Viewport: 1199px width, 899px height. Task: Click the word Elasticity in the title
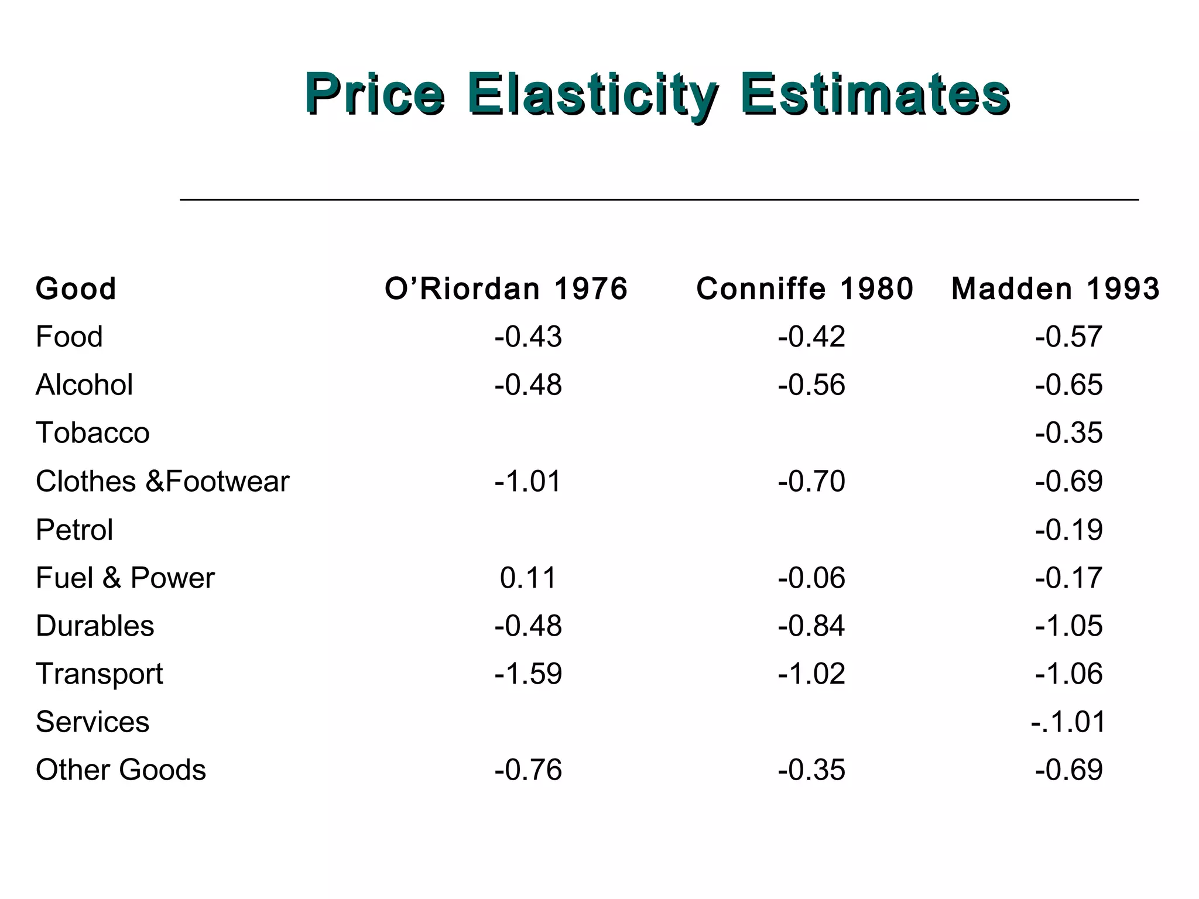point(592,95)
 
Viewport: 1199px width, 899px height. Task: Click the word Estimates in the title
point(875,95)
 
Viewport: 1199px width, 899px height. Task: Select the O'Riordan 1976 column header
point(506,289)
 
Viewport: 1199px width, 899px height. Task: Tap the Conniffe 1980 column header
point(804,289)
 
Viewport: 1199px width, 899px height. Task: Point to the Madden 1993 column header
point(1055,289)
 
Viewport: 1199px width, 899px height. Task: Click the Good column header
point(76,289)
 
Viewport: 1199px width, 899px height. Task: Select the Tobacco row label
point(93,433)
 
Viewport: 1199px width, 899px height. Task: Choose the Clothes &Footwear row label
point(162,482)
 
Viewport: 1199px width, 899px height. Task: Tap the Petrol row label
point(74,530)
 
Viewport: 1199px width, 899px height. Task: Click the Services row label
point(93,722)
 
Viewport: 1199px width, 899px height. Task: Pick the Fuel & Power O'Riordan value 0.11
point(527,578)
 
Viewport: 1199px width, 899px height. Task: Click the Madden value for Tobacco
point(1068,433)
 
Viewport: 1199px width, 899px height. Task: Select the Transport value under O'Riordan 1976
point(527,674)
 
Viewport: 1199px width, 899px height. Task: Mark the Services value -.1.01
point(1068,722)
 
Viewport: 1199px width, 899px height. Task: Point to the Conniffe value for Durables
point(811,626)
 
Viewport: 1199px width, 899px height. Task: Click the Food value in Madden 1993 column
point(1068,337)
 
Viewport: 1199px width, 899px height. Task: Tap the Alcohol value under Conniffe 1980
point(811,385)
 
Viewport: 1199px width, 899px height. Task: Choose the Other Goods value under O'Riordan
point(527,770)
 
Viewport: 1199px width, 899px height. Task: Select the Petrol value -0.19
point(1068,530)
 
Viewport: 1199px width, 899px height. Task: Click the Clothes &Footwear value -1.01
point(527,482)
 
